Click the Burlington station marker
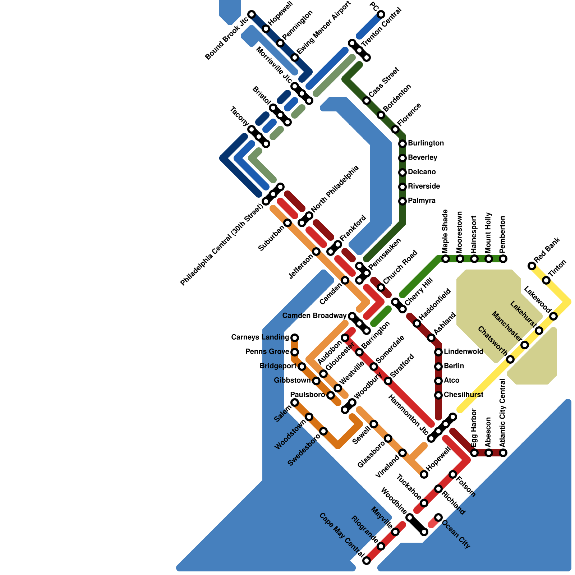pos(402,144)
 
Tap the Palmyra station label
pos(422,201)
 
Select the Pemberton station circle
pos(503,259)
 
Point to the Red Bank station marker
pos(532,266)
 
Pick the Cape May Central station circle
pos(367,561)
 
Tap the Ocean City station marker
pos(438,517)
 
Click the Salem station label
pos(282,414)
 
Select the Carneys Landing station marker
pos(295,338)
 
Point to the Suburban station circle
pos(287,223)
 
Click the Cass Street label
pos(384,82)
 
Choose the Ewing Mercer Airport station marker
pos(295,57)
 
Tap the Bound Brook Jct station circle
pos(252,14)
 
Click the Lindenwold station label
pos(463,351)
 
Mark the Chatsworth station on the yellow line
pos(510,359)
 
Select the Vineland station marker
pos(402,453)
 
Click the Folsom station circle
pos(453,474)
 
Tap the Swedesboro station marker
pos(323,431)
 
